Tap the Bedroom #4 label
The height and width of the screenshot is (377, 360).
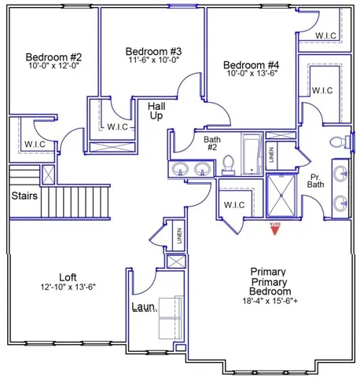(x=252, y=65)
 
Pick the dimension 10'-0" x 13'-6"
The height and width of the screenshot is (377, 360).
(x=252, y=75)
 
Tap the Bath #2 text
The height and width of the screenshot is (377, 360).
(x=211, y=144)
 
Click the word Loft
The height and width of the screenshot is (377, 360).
(x=68, y=276)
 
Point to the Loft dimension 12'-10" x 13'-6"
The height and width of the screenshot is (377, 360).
(x=68, y=287)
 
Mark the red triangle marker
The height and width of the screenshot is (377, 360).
(x=276, y=228)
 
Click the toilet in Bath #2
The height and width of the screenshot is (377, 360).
(x=229, y=163)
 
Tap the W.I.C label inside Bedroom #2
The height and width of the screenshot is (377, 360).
(x=35, y=144)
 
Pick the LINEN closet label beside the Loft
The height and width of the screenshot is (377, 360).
(x=179, y=236)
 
